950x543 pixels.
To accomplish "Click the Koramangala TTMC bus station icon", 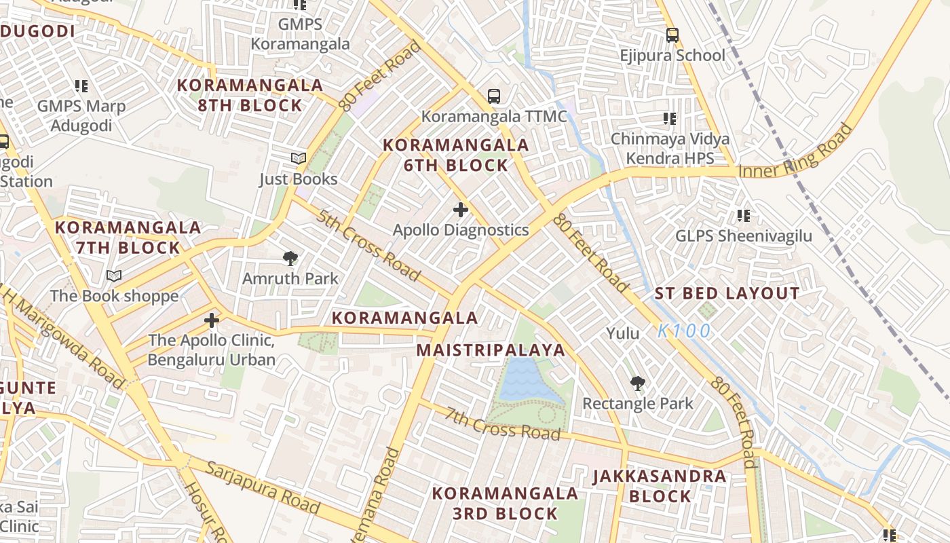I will [494, 96].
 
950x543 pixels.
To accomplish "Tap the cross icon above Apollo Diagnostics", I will [461, 210].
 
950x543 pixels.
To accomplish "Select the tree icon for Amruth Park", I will [290, 259].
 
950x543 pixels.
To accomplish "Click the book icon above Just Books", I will [299, 159].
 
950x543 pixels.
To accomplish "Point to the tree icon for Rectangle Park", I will [637, 383].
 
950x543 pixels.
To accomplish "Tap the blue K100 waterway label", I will [684, 331].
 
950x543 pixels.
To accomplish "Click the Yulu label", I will [622, 333].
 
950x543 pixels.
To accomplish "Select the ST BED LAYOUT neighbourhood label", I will [727, 294].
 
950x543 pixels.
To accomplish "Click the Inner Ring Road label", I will [795, 153].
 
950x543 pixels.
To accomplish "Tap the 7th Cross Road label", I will [503, 424].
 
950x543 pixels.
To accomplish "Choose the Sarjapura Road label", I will [263, 487].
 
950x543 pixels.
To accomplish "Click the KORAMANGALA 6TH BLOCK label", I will [455, 155].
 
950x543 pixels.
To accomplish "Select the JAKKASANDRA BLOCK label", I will [660, 486].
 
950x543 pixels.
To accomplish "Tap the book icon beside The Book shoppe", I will [114, 276].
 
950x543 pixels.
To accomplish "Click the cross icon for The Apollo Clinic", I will [212, 320].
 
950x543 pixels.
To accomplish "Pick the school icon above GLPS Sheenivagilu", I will [744, 216].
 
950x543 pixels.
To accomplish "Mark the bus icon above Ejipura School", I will [672, 35].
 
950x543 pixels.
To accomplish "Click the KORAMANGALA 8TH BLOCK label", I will [250, 95].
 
